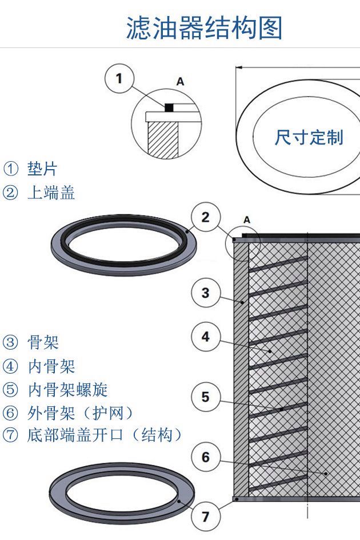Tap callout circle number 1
tap(119, 78)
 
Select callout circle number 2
tap(205, 217)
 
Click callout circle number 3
tap(205, 294)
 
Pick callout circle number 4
tap(205, 337)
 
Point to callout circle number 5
tap(205, 397)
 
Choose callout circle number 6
tap(205, 457)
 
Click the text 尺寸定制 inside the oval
tap(309, 137)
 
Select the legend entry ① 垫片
tap(31, 169)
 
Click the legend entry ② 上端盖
tap(39, 193)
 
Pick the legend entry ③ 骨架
tap(31, 342)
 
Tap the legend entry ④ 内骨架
tap(39, 366)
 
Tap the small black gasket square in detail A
tap(169, 107)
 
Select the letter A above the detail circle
tap(181, 82)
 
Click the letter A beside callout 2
tap(247, 219)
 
